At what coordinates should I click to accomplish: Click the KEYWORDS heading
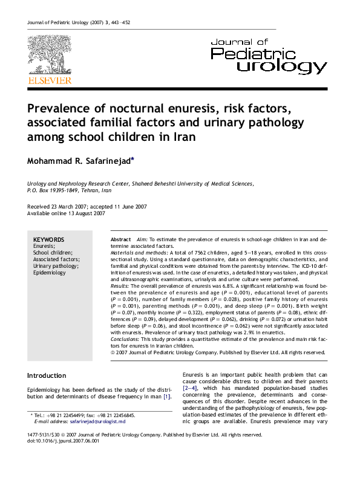tap(49, 240)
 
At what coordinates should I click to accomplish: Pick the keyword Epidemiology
tap(50, 273)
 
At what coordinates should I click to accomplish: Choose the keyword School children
tap(53, 253)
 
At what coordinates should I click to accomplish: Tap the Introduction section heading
tap(47, 375)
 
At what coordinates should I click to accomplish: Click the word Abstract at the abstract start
tap(120, 240)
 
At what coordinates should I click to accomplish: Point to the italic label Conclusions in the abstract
tap(125, 339)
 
